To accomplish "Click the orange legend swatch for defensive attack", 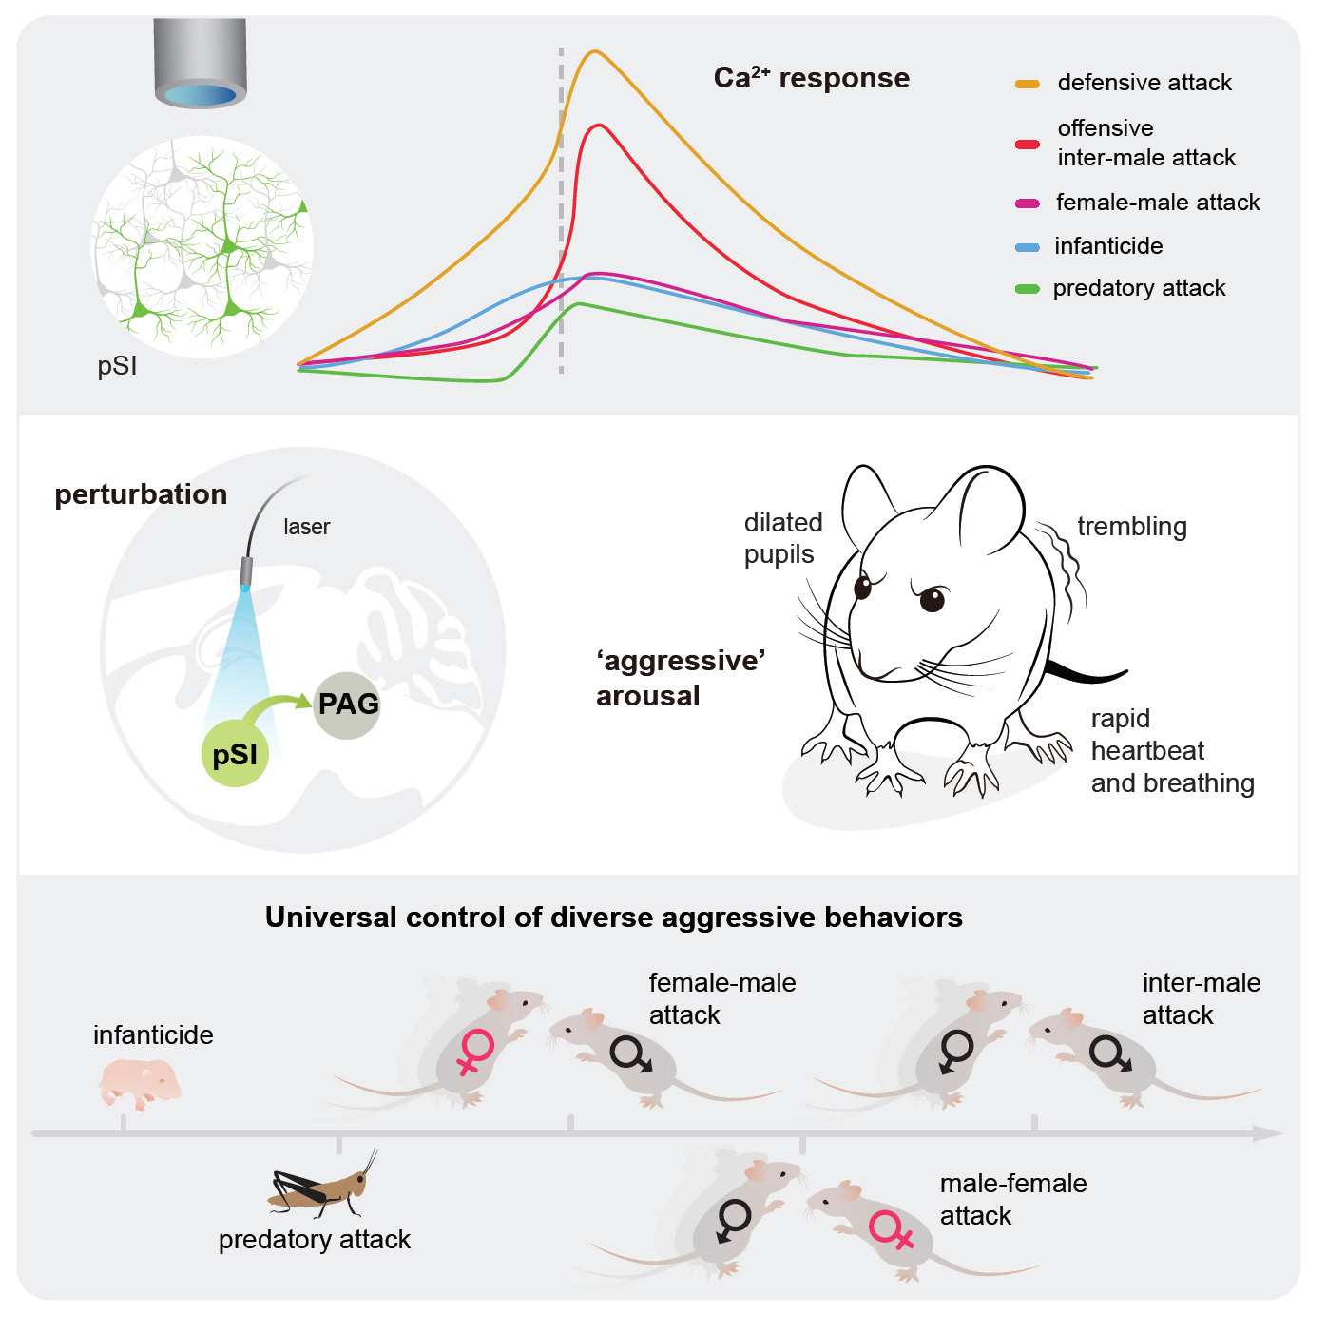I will [x=1027, y=84].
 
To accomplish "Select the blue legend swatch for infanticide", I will [x=1027, y=247].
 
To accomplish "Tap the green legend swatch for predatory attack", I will [x=1027, y=289].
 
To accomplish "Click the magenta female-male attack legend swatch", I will [x=1027, y=203].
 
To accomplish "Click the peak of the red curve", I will [x=597, y=126].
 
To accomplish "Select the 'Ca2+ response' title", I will [x=811, y=78].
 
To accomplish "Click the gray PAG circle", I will [x=347, y=705].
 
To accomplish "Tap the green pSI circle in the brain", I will [x=235, y=754].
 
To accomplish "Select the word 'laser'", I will [x=306, y=527].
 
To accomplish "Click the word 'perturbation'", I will [x=141, y=494].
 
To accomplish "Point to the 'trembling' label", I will [x=1131, y=527].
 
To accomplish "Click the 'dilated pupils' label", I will [x=782, y=538].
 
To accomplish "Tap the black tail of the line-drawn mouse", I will [x=1088, y=674].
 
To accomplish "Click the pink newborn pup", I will [x=141, y=1084].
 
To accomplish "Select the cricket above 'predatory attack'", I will [x=321, y=1186].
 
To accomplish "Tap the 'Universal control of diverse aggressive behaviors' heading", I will [x=613, y=918].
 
